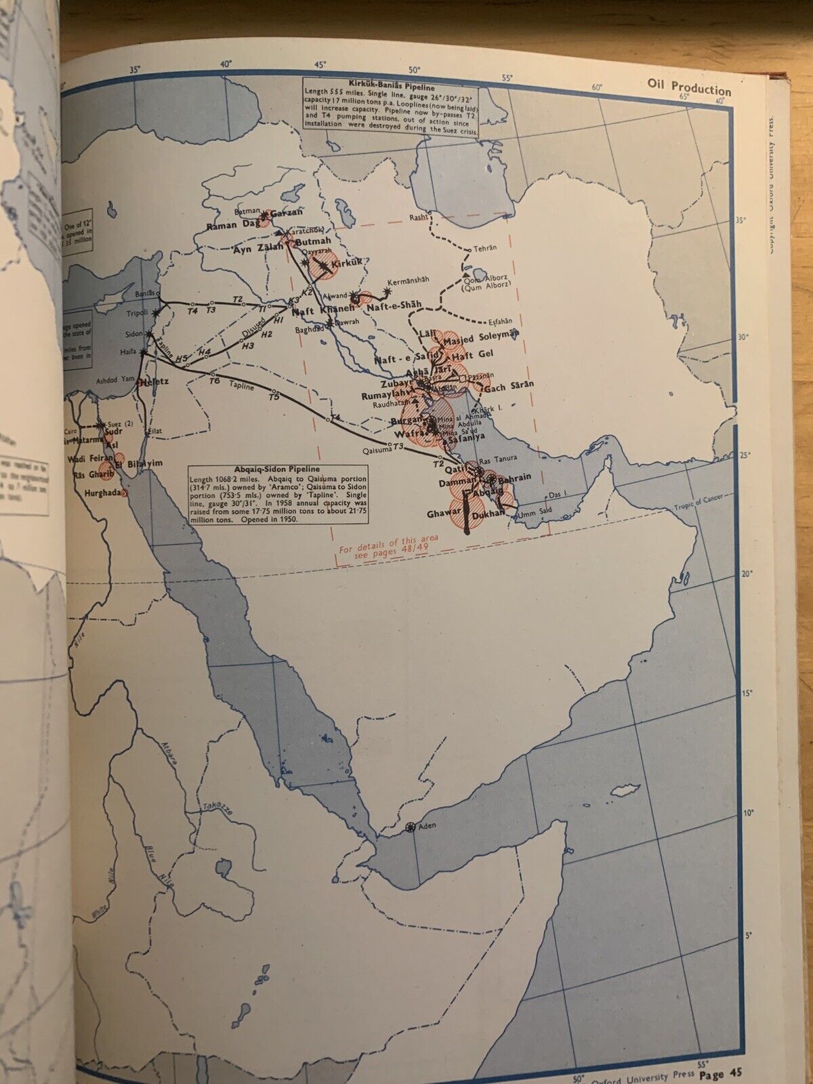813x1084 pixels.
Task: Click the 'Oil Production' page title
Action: point(684,91)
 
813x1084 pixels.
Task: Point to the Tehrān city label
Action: point(483,247)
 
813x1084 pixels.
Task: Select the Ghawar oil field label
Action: point(444,514)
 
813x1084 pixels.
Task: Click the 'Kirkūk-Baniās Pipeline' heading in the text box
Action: point(388,87)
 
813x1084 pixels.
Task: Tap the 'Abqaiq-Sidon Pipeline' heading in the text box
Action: point(255,469)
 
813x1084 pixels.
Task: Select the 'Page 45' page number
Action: point(722,1074)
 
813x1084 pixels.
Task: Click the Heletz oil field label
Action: point(154,382)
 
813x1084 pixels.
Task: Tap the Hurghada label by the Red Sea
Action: point(103,493)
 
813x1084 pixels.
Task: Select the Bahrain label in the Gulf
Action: point(516,476)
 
